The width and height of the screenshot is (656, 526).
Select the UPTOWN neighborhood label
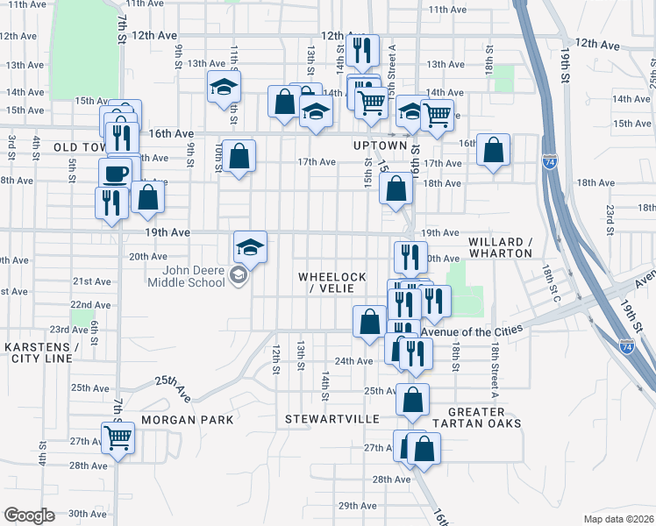pyautogui.click(x=380, y=146)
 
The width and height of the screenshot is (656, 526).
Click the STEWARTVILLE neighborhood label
pyautogui.click(x=332, y=420)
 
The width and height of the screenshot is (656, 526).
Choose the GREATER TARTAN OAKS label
pyautogui.click(x=484, y=417)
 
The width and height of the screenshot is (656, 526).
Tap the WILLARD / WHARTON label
pyautogui.click(x=500, y=247)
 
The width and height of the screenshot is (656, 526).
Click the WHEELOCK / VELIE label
pyautogui.click(x=332, y=282)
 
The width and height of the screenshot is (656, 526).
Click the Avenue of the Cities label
pyautogui.click(x=472, y=331)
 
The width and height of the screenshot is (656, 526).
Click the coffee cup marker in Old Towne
pyautogui.click(x=115, y=173)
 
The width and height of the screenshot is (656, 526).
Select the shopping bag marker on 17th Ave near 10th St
pyautogui.click(x=239, y=157)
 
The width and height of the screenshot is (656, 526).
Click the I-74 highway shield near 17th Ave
pyautogui.click(x=549, y=162)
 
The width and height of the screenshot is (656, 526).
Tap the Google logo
pyautogui.click(x=29, y=515)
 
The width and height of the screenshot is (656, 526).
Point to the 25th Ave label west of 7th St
pyautogui.click(x=89, y=387)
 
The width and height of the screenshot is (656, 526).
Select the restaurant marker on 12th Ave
pyautogui.click(x=361, y=51)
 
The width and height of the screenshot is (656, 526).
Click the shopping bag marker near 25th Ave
pyautogui.click(x=412, y=400)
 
